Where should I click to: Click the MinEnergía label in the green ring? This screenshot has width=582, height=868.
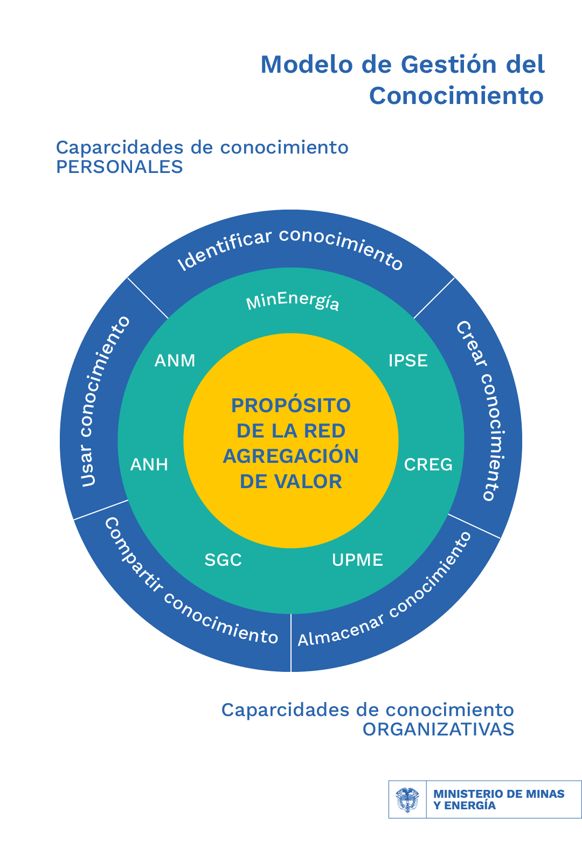293,302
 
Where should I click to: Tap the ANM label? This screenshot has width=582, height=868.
175,360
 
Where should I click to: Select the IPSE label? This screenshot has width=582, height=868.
408,360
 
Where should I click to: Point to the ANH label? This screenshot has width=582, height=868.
149,464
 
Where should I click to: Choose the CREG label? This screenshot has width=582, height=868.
428,464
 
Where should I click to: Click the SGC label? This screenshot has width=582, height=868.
223,560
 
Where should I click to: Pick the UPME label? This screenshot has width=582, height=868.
357,560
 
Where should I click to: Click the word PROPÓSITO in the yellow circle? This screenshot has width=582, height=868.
291,405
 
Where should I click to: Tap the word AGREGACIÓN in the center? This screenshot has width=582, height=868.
291,456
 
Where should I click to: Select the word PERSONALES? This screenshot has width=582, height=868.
120,167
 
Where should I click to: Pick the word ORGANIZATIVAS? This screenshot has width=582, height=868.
438,730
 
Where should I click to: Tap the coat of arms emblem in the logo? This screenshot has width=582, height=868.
407,800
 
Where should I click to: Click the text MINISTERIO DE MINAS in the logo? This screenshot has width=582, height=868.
498,794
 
